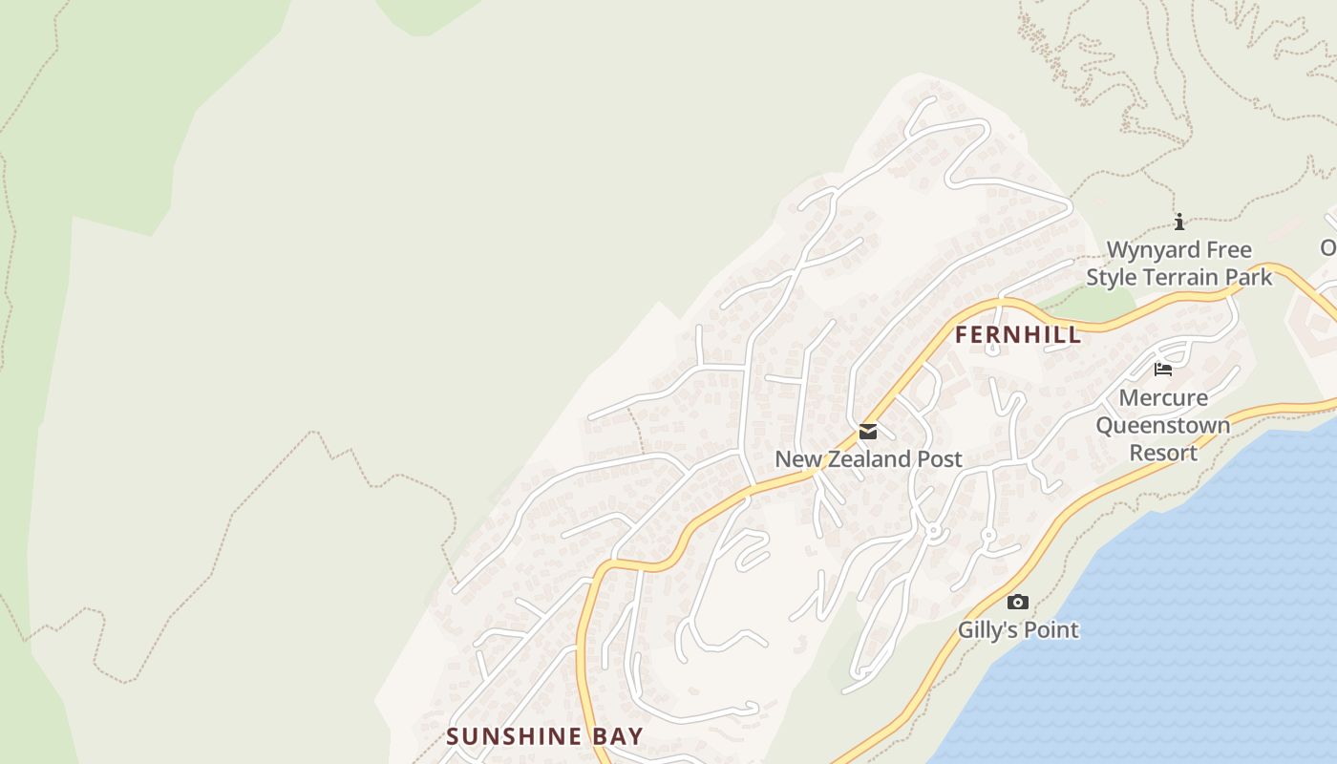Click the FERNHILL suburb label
coord(1018,335)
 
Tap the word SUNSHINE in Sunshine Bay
coord(514,736)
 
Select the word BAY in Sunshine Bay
coord(617,736)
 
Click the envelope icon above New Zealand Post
coord(868,432)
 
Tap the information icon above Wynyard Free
coord(1179,223)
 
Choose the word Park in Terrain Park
coord(1251,278)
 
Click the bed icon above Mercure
coord(1163,370)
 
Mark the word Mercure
coord(1163,398)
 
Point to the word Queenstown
coord(1163,425)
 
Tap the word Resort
coord(1163,453)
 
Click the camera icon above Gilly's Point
coord(1018,603)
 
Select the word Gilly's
coord(988,630)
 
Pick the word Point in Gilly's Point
coord(1050,630)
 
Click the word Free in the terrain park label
coord(1230,250)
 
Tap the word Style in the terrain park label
coord(1112,278)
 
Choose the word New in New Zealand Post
coord(796,459)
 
